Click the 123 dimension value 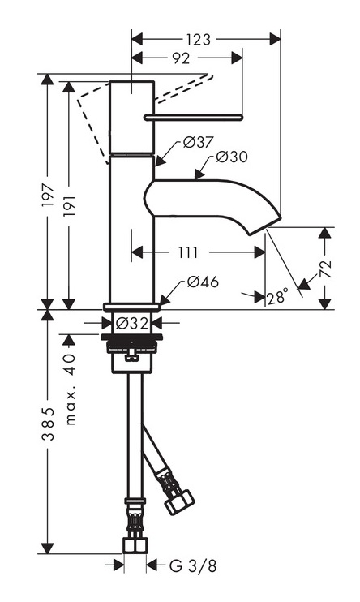click(x=199, y=40)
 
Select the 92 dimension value click(x=181, y=58)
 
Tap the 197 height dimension click(x=49, y=196)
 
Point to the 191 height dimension click(x=70, y=206)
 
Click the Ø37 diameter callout click(x=198, y=143)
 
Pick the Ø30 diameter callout click(x=231, y=157)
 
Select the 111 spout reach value click(x=188, y=252)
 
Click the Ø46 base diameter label click(x=203, y=282)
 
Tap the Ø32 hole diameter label click(x=131, y=323)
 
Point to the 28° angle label click(x=277, y=297)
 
